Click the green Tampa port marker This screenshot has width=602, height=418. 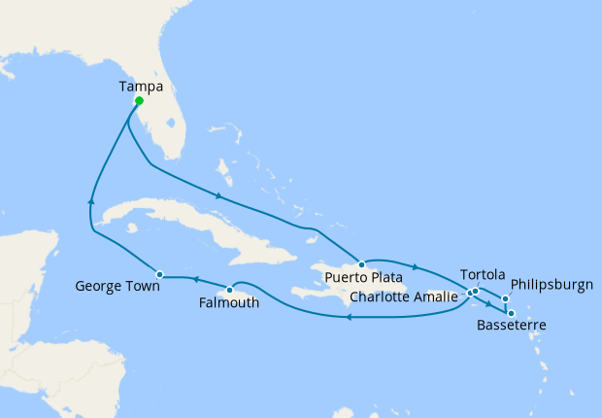[139, 101]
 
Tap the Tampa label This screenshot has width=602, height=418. [140, 87]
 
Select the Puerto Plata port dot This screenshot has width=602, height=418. [361, 263]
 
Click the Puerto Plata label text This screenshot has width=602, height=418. [363, 278]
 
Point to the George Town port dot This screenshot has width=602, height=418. [159, 274]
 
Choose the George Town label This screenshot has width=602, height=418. [116, 287]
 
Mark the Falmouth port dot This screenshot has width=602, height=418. [229, 289]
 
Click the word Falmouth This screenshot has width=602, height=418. [228, 302]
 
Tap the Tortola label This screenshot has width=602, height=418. [482, 275]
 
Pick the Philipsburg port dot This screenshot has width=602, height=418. [505, 298]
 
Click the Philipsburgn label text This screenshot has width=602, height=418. [551, 288]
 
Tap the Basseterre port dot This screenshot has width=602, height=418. [510, 313]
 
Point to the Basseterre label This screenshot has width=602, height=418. [511, 327]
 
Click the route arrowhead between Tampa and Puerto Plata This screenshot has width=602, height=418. [220, 197]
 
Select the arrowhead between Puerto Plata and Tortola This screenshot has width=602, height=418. [417, 266]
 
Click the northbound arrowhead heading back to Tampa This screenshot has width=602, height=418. [91, 199]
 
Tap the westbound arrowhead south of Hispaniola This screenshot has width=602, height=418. [349, 317]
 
